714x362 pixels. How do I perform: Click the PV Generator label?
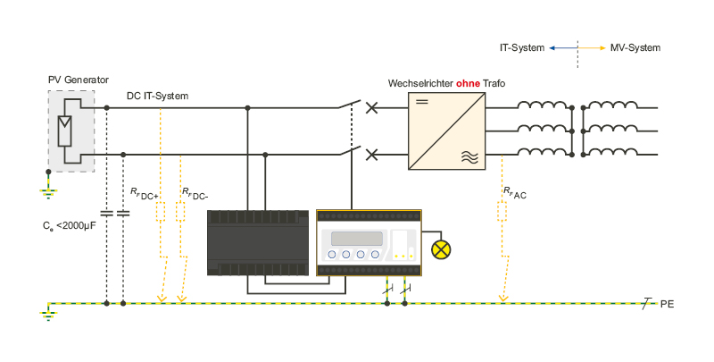[x=79, y=80]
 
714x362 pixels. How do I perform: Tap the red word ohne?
[x=468, y=83]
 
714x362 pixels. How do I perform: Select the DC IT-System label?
[x=158, y=97]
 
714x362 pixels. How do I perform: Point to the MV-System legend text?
[x=635, y=48]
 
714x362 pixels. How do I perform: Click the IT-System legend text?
[x=522, y=48]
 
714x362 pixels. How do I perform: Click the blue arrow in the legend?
[x=563, y=48]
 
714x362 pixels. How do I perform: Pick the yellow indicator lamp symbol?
[x=441, y=250]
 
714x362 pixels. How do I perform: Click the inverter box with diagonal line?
[x=447, y=130]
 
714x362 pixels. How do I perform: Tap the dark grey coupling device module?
[x=258, y=242]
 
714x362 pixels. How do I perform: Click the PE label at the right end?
[x=667, y=304]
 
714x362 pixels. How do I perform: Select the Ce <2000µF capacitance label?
[x=70, y=225]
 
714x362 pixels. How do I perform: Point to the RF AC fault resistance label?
[x=515, y=193]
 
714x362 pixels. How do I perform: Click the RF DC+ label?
[x=145, y=194]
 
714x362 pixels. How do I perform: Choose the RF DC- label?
[x=195, y=194]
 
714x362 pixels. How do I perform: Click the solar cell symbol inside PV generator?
[x=64, y=130]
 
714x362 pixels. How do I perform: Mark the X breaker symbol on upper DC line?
[x=372, y=108]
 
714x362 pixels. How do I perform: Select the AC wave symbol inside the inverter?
[x=470, y=157]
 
